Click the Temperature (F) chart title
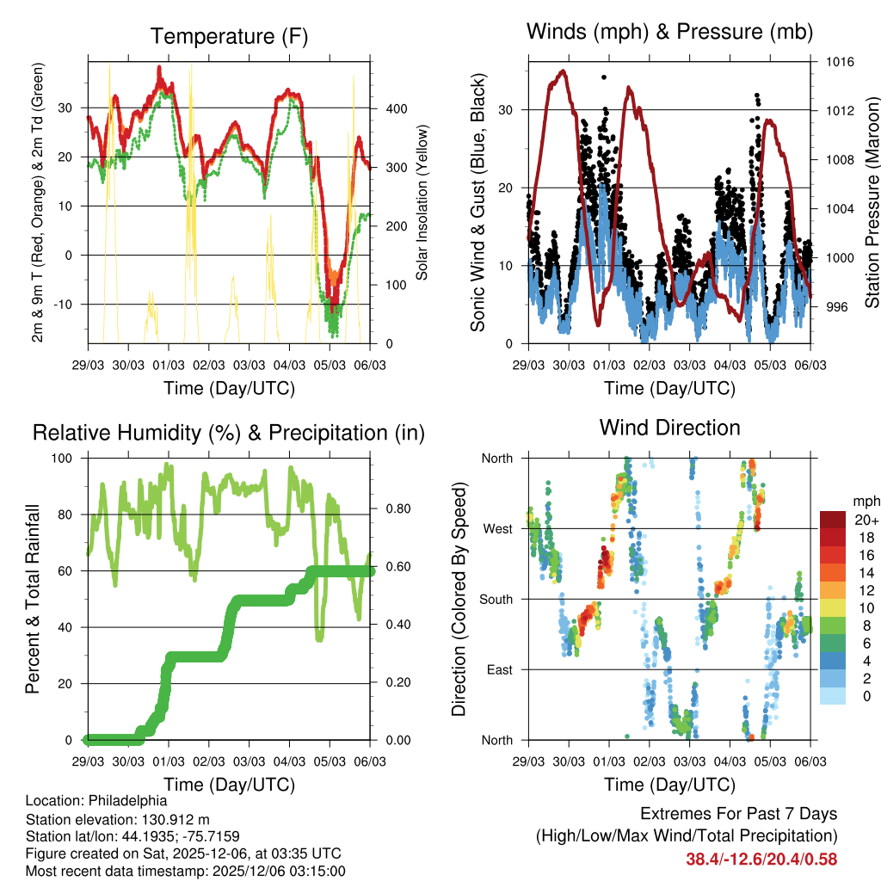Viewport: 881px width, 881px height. [x=229, y=36]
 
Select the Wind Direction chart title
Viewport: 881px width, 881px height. [x=669, y=428]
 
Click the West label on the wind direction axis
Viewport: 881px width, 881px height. [x=497, y=528]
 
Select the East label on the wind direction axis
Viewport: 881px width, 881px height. [x=499, y=669]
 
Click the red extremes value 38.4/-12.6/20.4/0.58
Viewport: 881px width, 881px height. [x=761, y=859]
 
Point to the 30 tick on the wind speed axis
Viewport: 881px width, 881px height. [x=512, y=109]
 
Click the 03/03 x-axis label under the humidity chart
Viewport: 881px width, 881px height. [x=250, y=761]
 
